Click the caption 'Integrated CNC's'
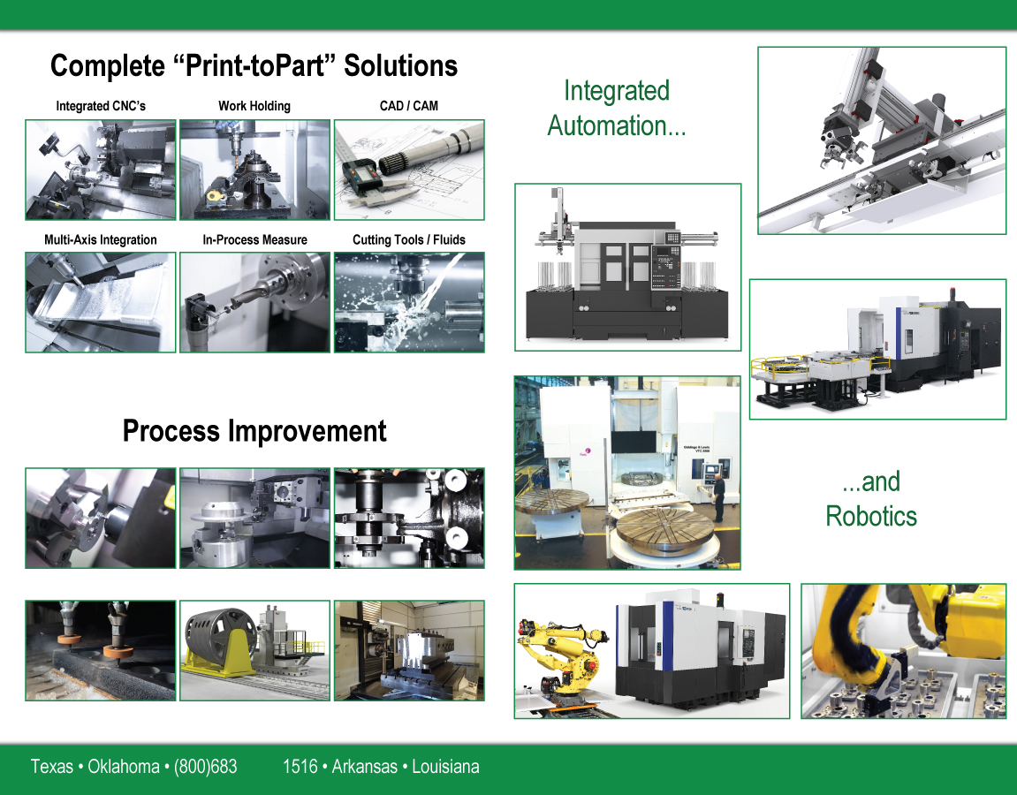101,106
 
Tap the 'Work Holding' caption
254,106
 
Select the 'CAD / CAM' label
408,106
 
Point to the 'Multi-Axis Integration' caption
101,239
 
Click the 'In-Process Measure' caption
254,239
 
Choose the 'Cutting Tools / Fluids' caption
408,239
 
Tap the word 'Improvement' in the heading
307,431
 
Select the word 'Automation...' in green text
617,125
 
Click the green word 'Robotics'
871,516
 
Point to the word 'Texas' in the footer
52,767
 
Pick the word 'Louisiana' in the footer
445,767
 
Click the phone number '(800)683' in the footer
206,767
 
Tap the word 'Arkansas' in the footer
365,767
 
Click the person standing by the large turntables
719,496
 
